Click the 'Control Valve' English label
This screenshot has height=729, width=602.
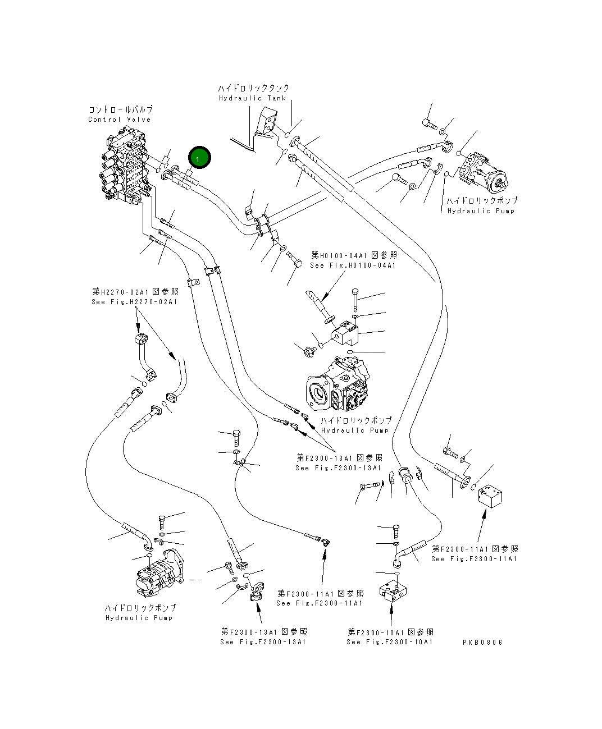point(119,120)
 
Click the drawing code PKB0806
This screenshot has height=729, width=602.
point(482,642)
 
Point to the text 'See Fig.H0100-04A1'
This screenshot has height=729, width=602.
point(353,265)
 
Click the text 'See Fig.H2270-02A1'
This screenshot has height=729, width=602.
point(134,302)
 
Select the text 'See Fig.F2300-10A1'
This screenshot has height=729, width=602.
point(390,642)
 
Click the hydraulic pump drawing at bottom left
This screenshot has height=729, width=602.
point(158,575)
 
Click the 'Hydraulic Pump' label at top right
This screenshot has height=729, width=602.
point(481,211)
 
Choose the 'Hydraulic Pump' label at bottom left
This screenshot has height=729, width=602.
point(139,618)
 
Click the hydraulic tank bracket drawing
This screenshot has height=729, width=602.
point(267,126)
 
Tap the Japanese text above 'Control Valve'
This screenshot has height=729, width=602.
point(120,109)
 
